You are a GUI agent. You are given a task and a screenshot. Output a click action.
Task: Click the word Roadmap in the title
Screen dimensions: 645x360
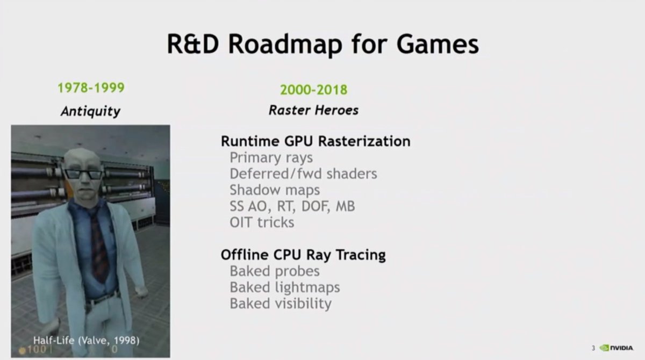[x=285, y=44]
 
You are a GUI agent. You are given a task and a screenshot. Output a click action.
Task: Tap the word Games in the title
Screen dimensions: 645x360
[x=438, y=44]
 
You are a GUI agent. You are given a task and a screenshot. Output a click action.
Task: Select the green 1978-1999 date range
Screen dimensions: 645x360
[x=91, y=88]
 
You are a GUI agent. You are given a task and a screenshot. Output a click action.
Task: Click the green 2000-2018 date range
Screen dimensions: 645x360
[x=313, y=90]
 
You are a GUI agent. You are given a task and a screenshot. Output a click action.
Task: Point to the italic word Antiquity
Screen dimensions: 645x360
[x=90, y=111]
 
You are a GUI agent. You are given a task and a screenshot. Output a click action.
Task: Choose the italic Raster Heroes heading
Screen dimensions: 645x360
[x=313, y=110]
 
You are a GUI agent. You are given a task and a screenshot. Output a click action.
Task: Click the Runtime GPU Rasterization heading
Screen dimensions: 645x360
[x=316, y=141]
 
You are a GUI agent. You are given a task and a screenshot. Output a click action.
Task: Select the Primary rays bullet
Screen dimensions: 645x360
[x=271, y=157]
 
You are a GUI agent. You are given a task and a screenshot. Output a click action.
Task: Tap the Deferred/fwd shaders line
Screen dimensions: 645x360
[x=303, y=174]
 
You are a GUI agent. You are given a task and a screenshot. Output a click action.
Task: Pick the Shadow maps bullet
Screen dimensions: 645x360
[x=275, y=190]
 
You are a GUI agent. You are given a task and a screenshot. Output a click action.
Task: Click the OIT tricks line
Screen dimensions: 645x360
[x=262, y=222]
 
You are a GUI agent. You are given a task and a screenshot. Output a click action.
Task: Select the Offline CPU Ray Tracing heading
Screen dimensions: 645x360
[x=303, y=255]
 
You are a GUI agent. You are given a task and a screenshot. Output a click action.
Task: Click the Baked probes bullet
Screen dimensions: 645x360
[x=275, y=271]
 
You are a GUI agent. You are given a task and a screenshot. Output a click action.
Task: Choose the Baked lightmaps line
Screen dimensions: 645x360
[x=285, y=287]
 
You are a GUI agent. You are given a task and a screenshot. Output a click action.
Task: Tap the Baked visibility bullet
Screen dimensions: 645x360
[x=281, y=303]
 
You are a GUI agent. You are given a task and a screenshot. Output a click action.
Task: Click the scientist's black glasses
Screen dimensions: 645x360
[x=83, y=174]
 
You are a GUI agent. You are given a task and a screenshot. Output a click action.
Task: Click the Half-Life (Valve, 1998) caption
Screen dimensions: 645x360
[x=87, y=341]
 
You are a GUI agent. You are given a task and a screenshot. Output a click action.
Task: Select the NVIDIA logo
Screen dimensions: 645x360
[x=616, y=348]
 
